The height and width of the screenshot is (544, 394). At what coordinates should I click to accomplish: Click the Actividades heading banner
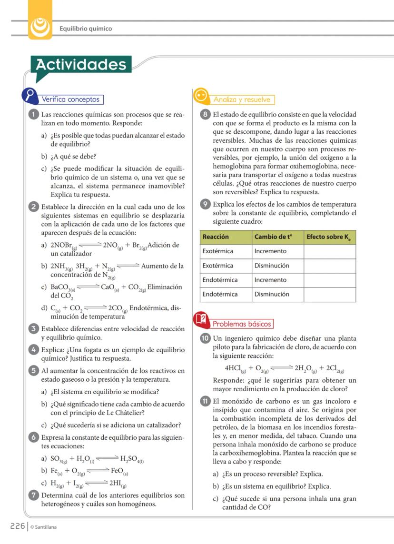pos(81,65)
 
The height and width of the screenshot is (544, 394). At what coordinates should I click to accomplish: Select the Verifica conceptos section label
pos(71,99)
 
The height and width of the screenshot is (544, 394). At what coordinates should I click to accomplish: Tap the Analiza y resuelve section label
pos(242,99)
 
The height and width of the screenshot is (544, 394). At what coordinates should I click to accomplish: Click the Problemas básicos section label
pos(241,324)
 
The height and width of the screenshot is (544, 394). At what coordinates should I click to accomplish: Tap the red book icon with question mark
pos(201,319)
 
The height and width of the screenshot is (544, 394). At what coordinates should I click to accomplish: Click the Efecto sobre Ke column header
pos(330,237)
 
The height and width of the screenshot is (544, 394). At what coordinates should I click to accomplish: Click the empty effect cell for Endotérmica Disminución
pos(330,294)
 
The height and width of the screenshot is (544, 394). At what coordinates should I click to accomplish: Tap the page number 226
pos(18,526)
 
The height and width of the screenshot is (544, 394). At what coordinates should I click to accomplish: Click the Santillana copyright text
pos(43,527)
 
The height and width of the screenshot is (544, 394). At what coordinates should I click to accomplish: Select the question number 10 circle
pos(205,339)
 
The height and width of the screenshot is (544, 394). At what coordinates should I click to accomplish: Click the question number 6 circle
pos(33,437)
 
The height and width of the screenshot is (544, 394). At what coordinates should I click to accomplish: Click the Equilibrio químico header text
pos(86,29)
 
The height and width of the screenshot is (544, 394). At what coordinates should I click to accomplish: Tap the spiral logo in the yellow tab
pos(39,27)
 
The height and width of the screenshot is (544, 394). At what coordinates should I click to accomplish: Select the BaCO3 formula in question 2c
pos(62,287)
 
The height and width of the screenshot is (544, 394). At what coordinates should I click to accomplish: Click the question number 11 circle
pos(205,401)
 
